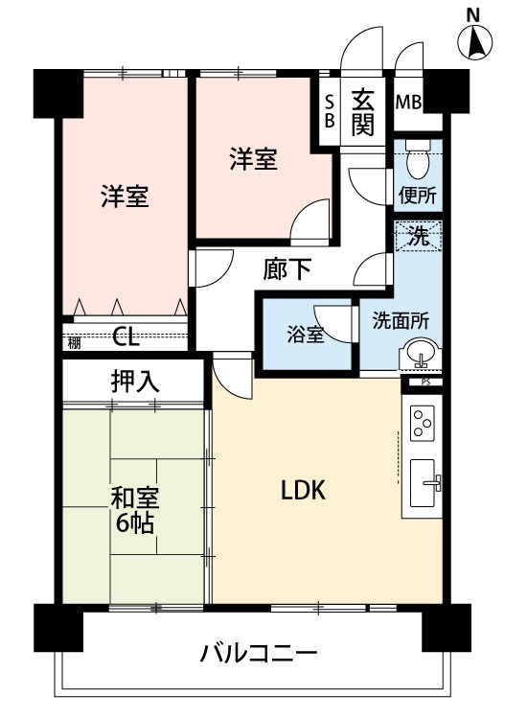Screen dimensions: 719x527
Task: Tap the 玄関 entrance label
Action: point(362,111)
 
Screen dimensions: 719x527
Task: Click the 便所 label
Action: point(418,195)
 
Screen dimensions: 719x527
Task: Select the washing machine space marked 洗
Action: point(419,237)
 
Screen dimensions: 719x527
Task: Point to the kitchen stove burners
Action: point(423,422)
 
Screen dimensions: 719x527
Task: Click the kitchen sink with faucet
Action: point(424,484)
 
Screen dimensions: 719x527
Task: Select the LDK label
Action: point(304,490)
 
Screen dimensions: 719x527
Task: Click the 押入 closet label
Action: point(135,380)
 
